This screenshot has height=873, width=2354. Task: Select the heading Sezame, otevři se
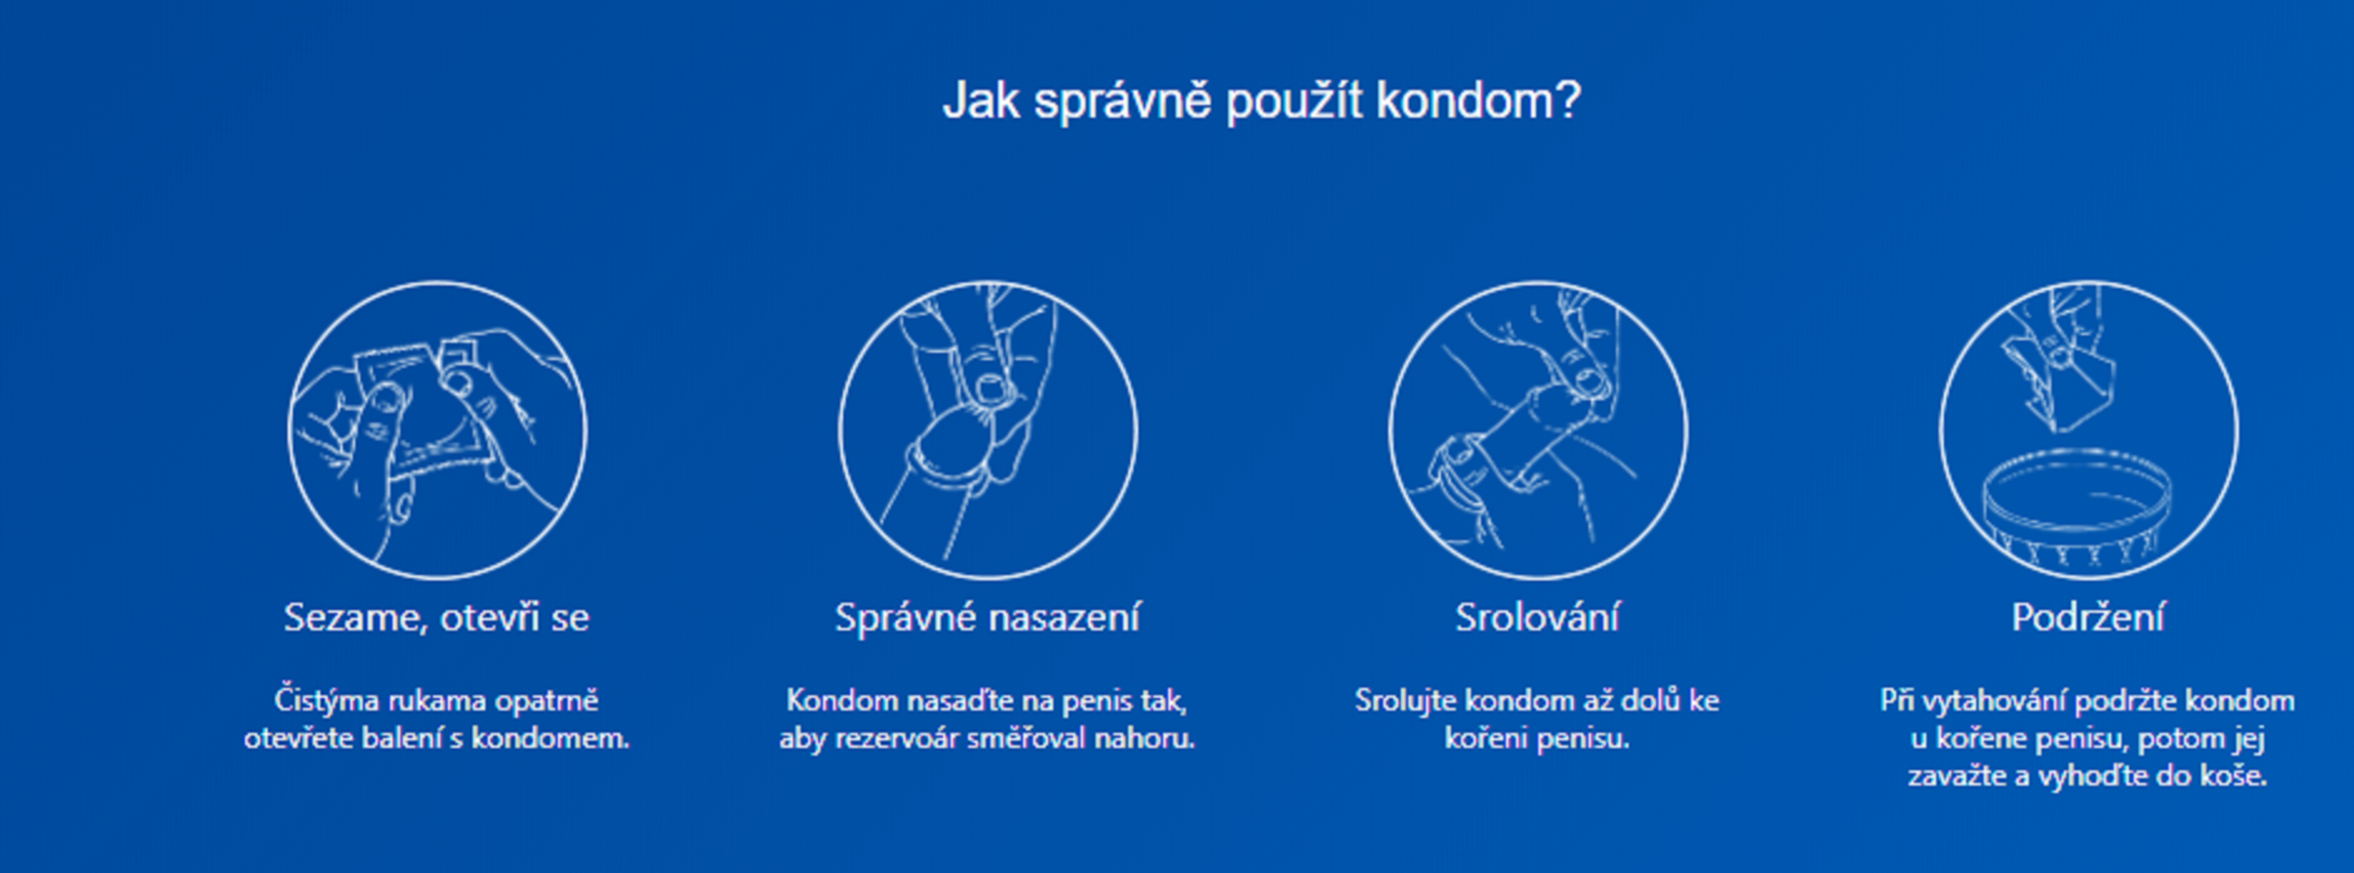point(437,618)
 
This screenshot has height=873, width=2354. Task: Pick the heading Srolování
point(1538,618)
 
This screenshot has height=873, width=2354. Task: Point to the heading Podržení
point(2088,618)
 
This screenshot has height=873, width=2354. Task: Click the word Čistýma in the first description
point(326,701)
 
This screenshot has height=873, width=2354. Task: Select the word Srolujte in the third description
point(1405,701)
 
